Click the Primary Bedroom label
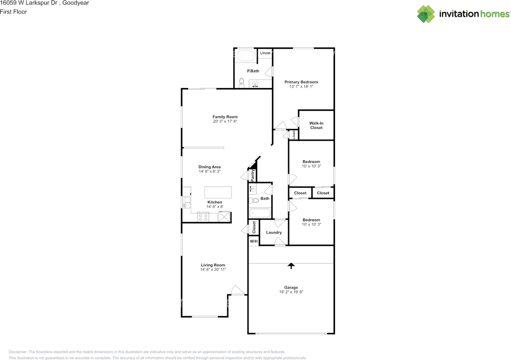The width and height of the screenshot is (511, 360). click(301, 82)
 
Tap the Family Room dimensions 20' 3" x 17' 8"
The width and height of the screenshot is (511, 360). click(225, 121)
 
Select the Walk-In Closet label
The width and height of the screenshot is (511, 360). click(316, 125)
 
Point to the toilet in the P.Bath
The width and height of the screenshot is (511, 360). click(241, 83)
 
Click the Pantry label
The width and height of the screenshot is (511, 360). click(252, 175)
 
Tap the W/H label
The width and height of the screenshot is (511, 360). click(254, 241)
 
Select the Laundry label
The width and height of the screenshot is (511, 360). click(274, 232)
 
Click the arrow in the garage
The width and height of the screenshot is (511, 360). click(291, 265)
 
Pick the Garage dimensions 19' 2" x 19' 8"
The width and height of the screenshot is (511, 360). click(291, 292)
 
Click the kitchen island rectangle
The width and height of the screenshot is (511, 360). click(218, 192)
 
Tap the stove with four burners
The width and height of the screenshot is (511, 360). click(203, 217)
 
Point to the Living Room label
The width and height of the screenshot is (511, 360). click(213, 265)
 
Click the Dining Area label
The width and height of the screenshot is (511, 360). click(210, 167)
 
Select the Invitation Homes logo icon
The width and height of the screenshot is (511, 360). click(426, 14)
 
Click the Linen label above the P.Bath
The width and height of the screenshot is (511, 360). click(265, 53)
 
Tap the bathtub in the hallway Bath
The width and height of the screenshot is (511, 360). click(260, 213)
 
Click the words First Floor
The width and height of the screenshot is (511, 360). click(14, 12)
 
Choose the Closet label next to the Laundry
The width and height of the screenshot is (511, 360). click(254, 227)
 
